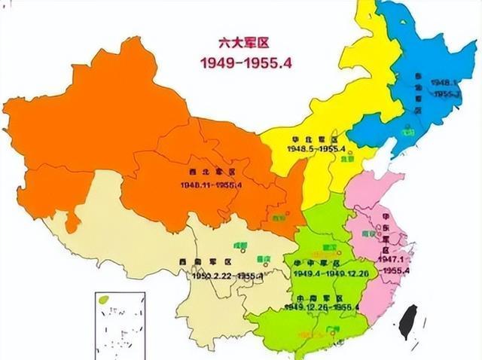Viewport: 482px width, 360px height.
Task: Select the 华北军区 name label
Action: [x=316, y=140]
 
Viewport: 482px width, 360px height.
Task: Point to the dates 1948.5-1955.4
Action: [x=316, y=149]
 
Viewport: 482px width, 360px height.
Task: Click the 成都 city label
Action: [x=240, y=245]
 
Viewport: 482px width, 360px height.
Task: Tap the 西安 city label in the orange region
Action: [x=279, y=218]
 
